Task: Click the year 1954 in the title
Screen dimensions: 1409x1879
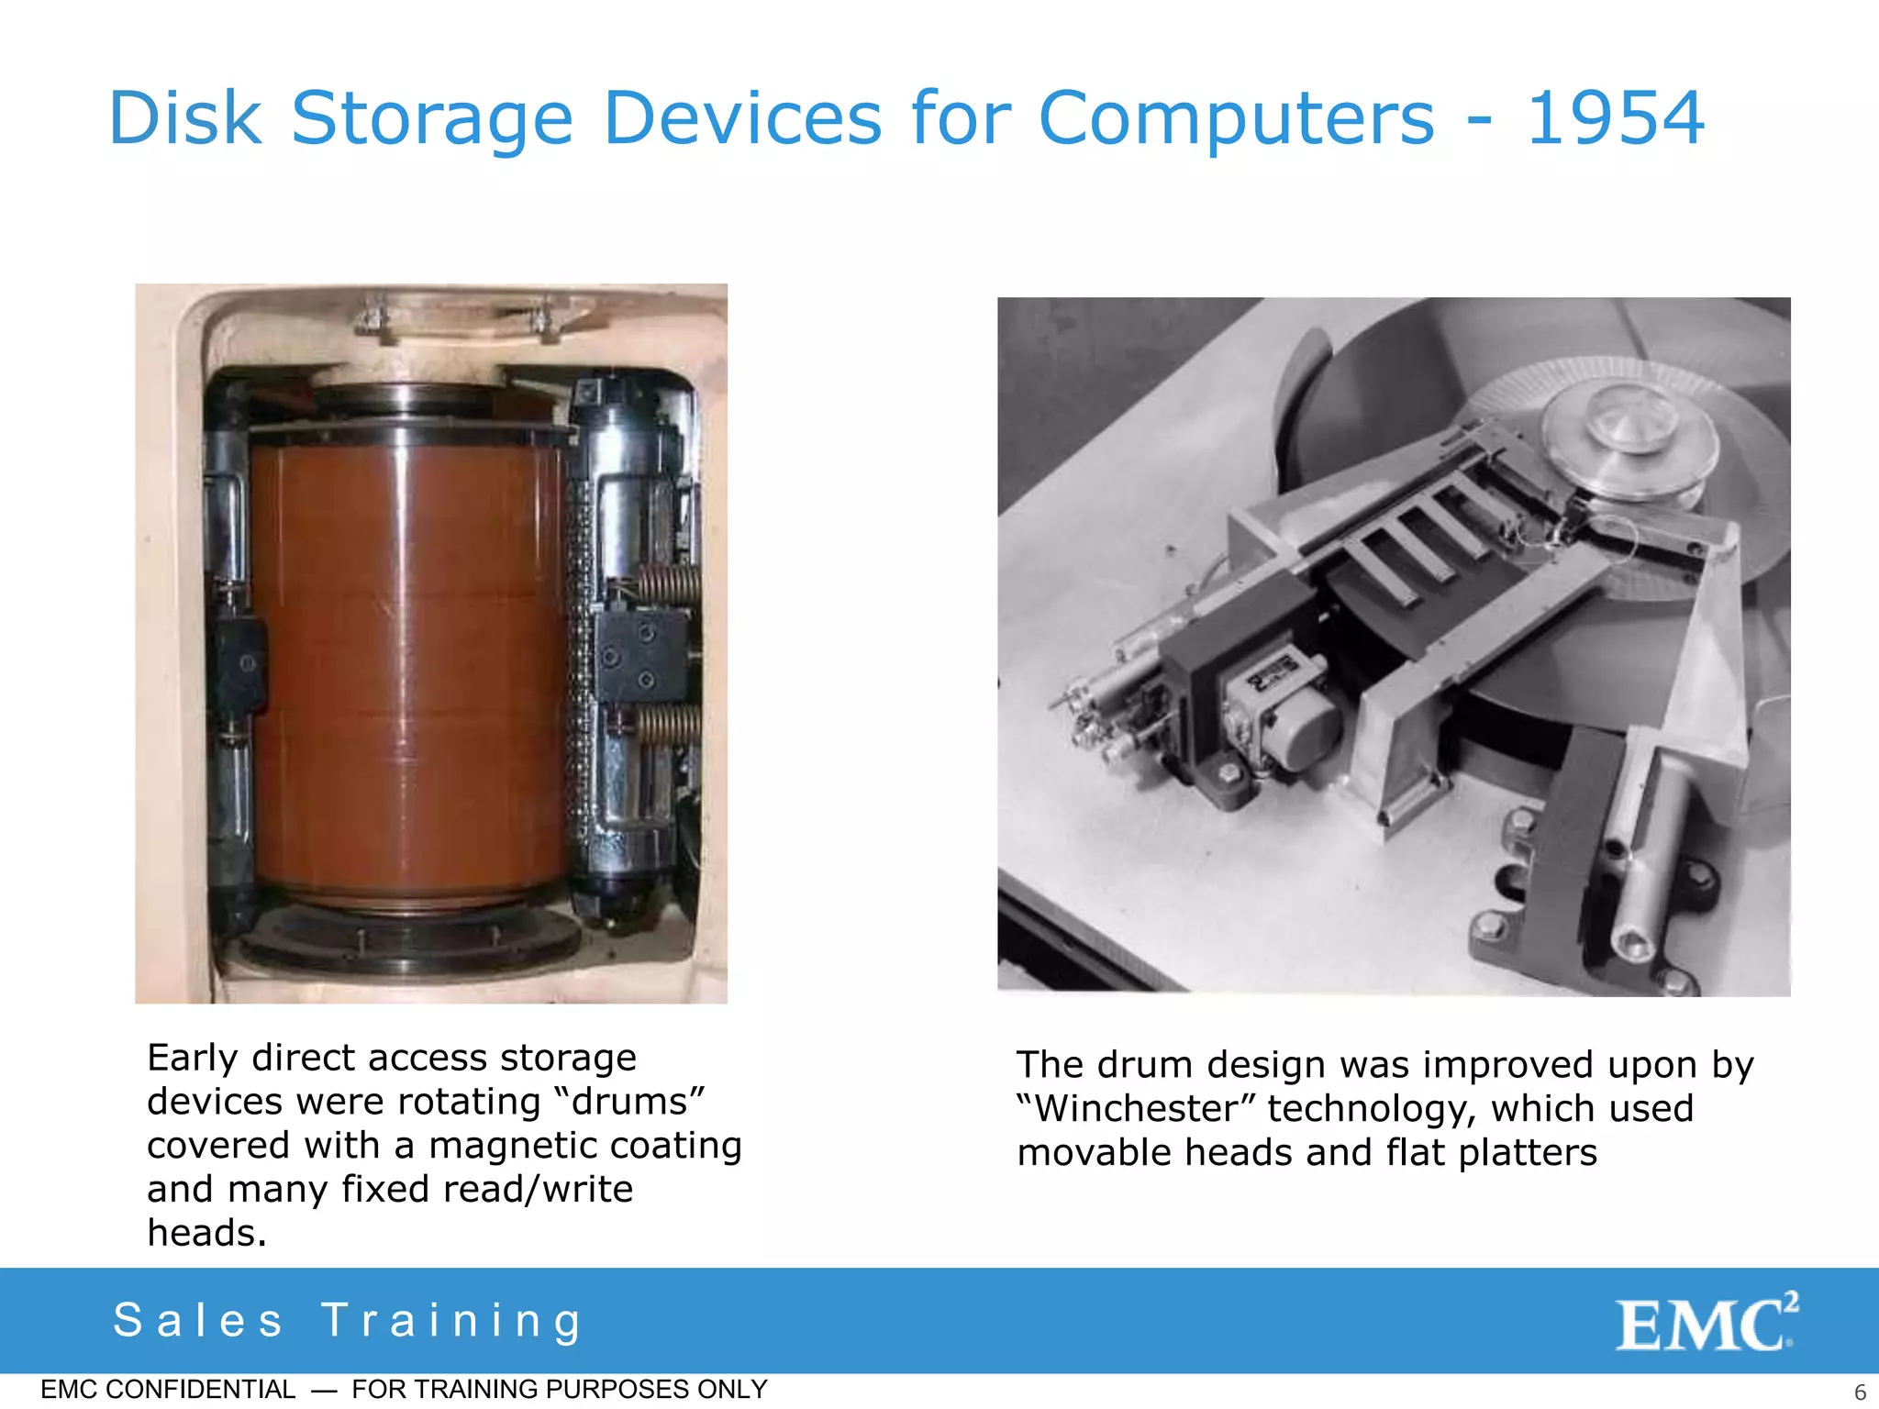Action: click(x=1615, y=118)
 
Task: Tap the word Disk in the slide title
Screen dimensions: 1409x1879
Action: click(x=185, y=118)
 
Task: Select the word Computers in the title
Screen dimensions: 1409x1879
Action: click(x=1236, y=118)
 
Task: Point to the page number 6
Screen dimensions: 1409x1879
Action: click(x=1860, y=1392)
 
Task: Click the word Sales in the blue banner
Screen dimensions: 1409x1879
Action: click(x=198, y=1321)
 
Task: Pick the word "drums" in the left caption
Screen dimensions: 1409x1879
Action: click(x=638, y=1101)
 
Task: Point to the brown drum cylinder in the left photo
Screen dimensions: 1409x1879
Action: click(x=408, y=660)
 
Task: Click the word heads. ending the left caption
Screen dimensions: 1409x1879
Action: click(x=206, y=1233)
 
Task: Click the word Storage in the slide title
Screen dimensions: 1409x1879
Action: click(x=432, y=118)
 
